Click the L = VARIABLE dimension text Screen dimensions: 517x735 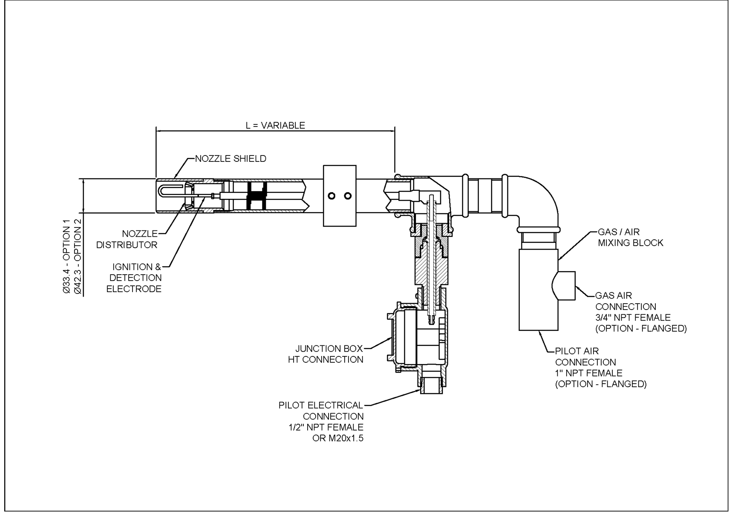pyautogui.click(x=275, y=125)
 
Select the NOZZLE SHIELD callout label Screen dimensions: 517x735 pyautogui.click(x=231, y=158)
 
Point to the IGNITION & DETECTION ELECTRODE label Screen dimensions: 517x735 pyautogui.click(x=135, y=278)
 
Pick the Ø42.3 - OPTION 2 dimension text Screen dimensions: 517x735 pyautogui.click(x=78, y=257)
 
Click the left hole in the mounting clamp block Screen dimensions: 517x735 pyautogui.click(x=331, y=196)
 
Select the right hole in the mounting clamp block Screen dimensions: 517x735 pyautogui.click(x=348, y=196)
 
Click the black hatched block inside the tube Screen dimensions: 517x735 pyautogui.click(x=257, y=196)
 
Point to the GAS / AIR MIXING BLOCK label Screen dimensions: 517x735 pyautogui.click(x=630, y=238)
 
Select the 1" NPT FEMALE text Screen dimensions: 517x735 pyautogui.click(x=588, y=373)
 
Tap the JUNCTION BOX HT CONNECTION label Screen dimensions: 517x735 pyautogui.click(x=326, y=354)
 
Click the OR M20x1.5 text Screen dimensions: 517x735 pyautogui.click(x=338, y=438)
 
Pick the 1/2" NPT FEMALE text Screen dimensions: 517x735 pyautogui.click(x=326, y=427)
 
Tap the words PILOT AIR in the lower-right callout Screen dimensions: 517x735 pyautogui.click(x=577, y=351)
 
